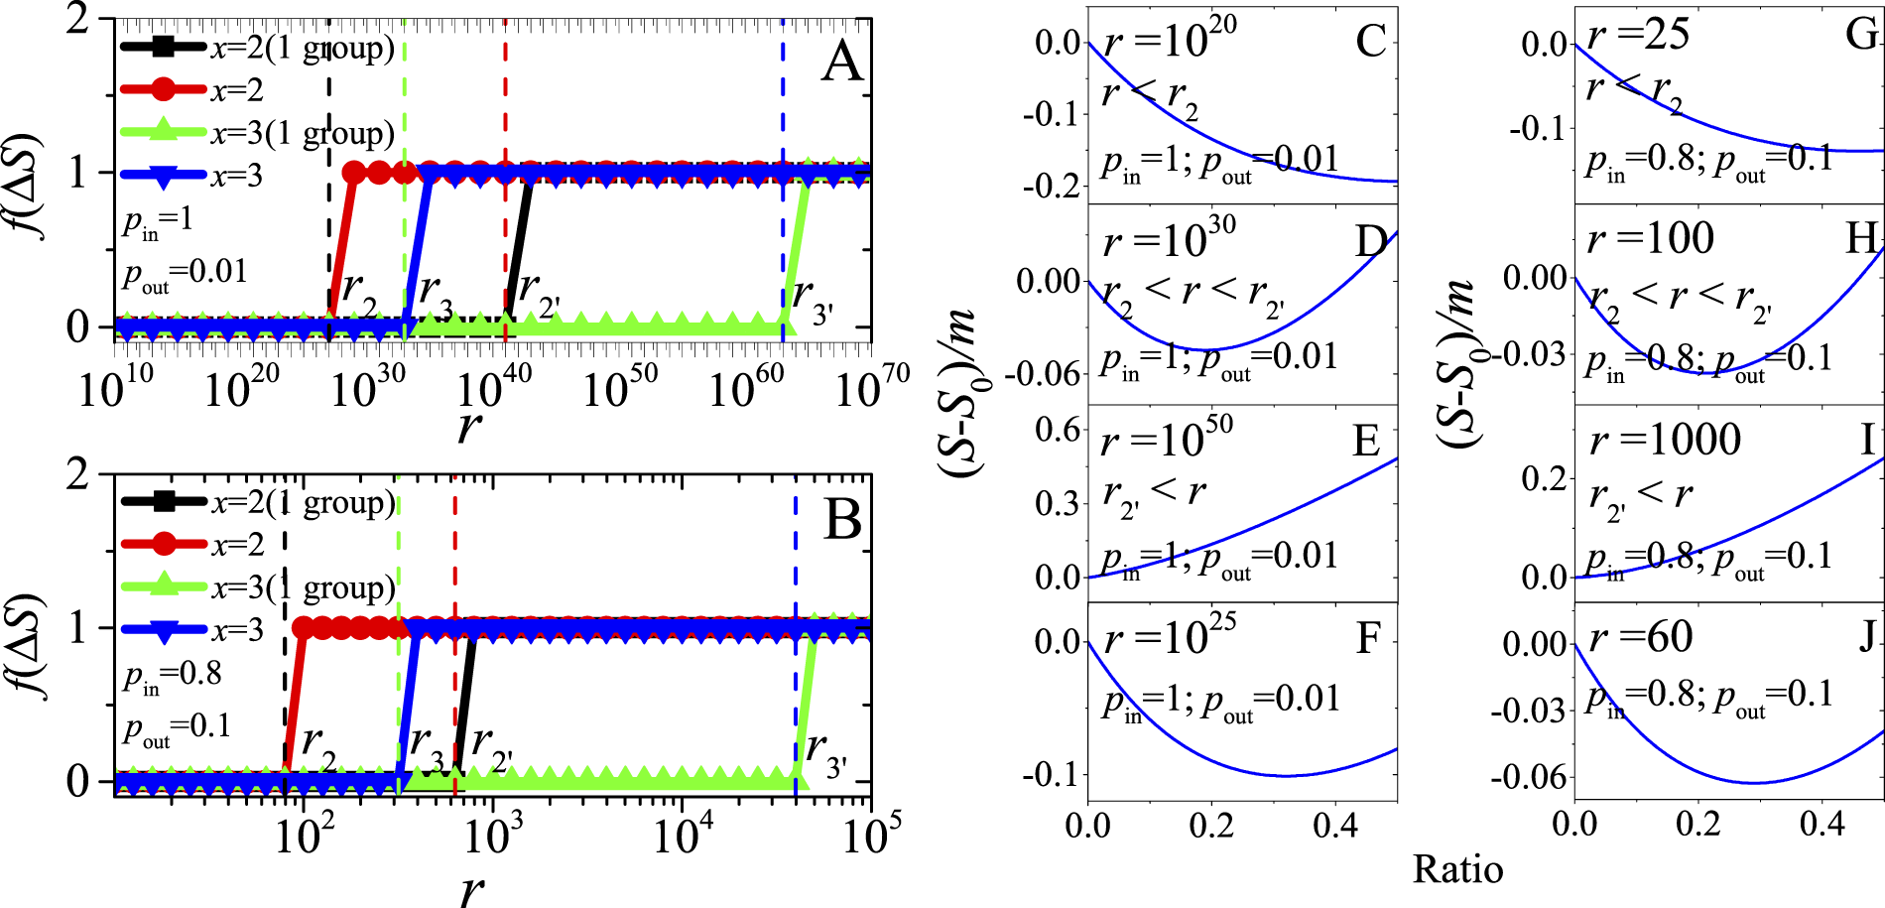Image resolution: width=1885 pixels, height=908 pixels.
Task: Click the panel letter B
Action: coord(842,519)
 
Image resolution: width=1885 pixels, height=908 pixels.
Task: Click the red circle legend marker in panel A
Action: coord(164,90)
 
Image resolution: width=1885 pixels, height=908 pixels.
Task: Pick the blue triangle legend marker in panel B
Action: coord(164,630)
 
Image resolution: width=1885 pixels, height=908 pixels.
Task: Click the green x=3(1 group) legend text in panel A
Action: coord(303,133)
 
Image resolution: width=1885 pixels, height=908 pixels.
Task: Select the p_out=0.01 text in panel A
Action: coord(185,274)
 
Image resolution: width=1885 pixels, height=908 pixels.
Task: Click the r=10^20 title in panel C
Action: coord(1170,39)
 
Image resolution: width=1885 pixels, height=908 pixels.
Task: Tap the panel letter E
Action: coord(1366,440)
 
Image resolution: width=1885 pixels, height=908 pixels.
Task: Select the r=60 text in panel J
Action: coord(1641,636)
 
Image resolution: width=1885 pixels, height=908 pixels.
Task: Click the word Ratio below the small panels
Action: coord(1457,869)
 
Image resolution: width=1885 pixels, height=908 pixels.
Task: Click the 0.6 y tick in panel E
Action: coord(1058,430)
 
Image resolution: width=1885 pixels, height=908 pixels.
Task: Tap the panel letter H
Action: coord(1862,237)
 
